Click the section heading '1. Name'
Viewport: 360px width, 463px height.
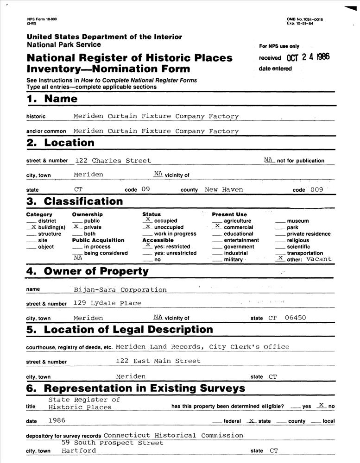point(52,99)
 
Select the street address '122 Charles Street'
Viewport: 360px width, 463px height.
point(113,161)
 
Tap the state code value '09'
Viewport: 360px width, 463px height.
point(146,189)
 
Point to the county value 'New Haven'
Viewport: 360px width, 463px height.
point(224,189)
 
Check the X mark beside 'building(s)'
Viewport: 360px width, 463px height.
point(32,227)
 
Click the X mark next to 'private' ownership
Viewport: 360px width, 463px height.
point(76,227)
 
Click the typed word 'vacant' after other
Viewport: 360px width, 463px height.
point(319,259)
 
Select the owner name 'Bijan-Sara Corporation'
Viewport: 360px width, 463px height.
point(120,290)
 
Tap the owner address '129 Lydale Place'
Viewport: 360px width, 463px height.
point(107,303)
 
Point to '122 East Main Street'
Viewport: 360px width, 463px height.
point(158,361)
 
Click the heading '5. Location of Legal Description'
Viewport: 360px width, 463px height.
point(120,330)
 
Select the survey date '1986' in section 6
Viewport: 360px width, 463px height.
point(57,420)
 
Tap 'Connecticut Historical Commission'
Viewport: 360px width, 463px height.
point(173,435)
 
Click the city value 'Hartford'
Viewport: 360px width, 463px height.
point(78,450)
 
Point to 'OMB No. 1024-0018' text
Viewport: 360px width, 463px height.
point(305,19)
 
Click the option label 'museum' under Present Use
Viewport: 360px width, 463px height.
point(298,221)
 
